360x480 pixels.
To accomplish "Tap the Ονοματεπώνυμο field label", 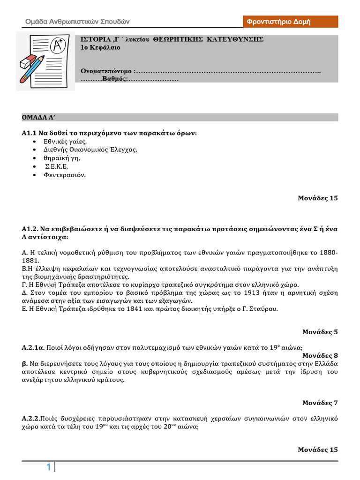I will click(106, 71).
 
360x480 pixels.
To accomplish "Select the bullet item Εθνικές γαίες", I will click(65, 141).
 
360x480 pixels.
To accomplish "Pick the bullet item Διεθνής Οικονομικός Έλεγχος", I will click(90, 150).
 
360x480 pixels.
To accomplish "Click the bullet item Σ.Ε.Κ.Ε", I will click(57, 166).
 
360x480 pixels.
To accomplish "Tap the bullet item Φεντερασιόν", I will click(65, 175).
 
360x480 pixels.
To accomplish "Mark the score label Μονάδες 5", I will click(320, 332).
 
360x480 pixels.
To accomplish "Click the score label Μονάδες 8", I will click(320, 355).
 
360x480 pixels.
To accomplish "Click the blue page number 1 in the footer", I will click(48, 467).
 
